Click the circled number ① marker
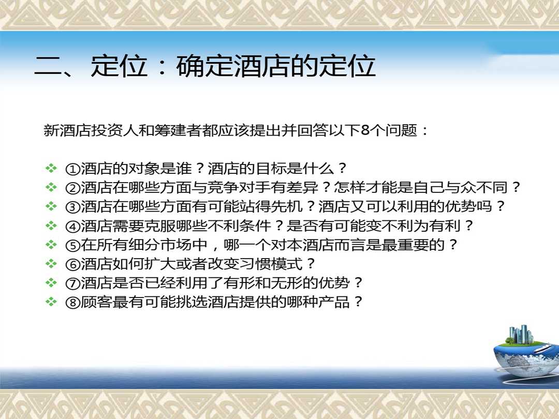(x=73, y=169)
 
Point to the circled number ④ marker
(x=73, y=226)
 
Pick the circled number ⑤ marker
(x=73, y=246)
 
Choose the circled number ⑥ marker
(x=73, y=264)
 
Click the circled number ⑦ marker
(x=73, y=283)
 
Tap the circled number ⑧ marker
(x=73, y=303)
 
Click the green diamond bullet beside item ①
(x=51, y=168)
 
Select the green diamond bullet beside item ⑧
(x=51, y=302)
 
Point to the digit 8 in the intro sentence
(x=365, y=130)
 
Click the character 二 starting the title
(x=49, y=67)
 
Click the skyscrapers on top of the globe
(x=521, y=334)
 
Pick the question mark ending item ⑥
(x=311, y=264)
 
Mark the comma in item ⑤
(x=215, y=248)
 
